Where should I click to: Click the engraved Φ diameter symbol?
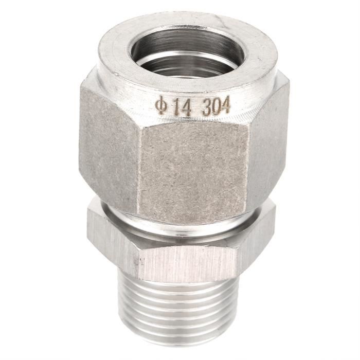tap(160, 105)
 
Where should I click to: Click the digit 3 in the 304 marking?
tap(205, 107)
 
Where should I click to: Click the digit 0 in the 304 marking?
tap(216, 107)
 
